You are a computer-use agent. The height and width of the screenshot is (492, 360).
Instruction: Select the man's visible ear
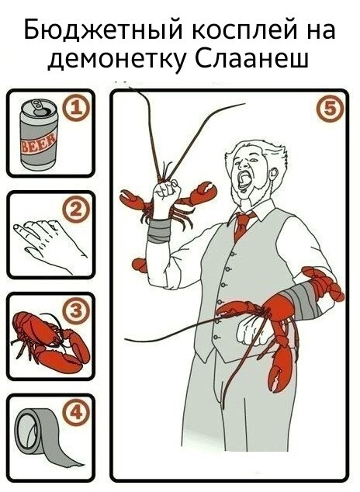[x=273, y=173]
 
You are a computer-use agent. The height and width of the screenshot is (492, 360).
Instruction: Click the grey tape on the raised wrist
[x=160, y=230]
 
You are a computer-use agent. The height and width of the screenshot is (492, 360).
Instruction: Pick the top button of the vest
[x=232, y=254]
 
